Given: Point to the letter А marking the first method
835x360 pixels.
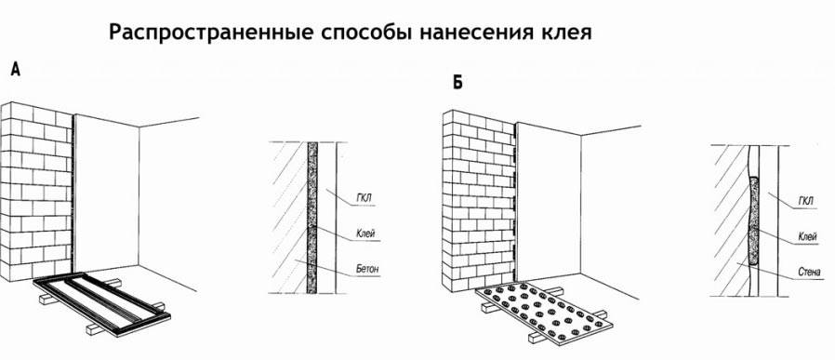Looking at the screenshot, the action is coord(16,69).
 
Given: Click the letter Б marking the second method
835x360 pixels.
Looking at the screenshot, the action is coord(457,83).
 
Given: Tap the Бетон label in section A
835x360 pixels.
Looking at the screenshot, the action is coord(368,270).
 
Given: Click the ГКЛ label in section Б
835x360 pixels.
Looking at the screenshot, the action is coord(805,201).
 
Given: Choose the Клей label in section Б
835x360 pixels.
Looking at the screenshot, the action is coord(807,237).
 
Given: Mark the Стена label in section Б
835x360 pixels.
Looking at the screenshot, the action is coord(809,273).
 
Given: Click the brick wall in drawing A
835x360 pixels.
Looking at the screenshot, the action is coord(37,192).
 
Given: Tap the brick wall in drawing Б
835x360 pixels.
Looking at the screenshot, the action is coord(478,201).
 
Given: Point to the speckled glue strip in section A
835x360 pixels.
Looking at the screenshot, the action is coord(312,218).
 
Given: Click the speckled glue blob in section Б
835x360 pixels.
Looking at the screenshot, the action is coord(755,221).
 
